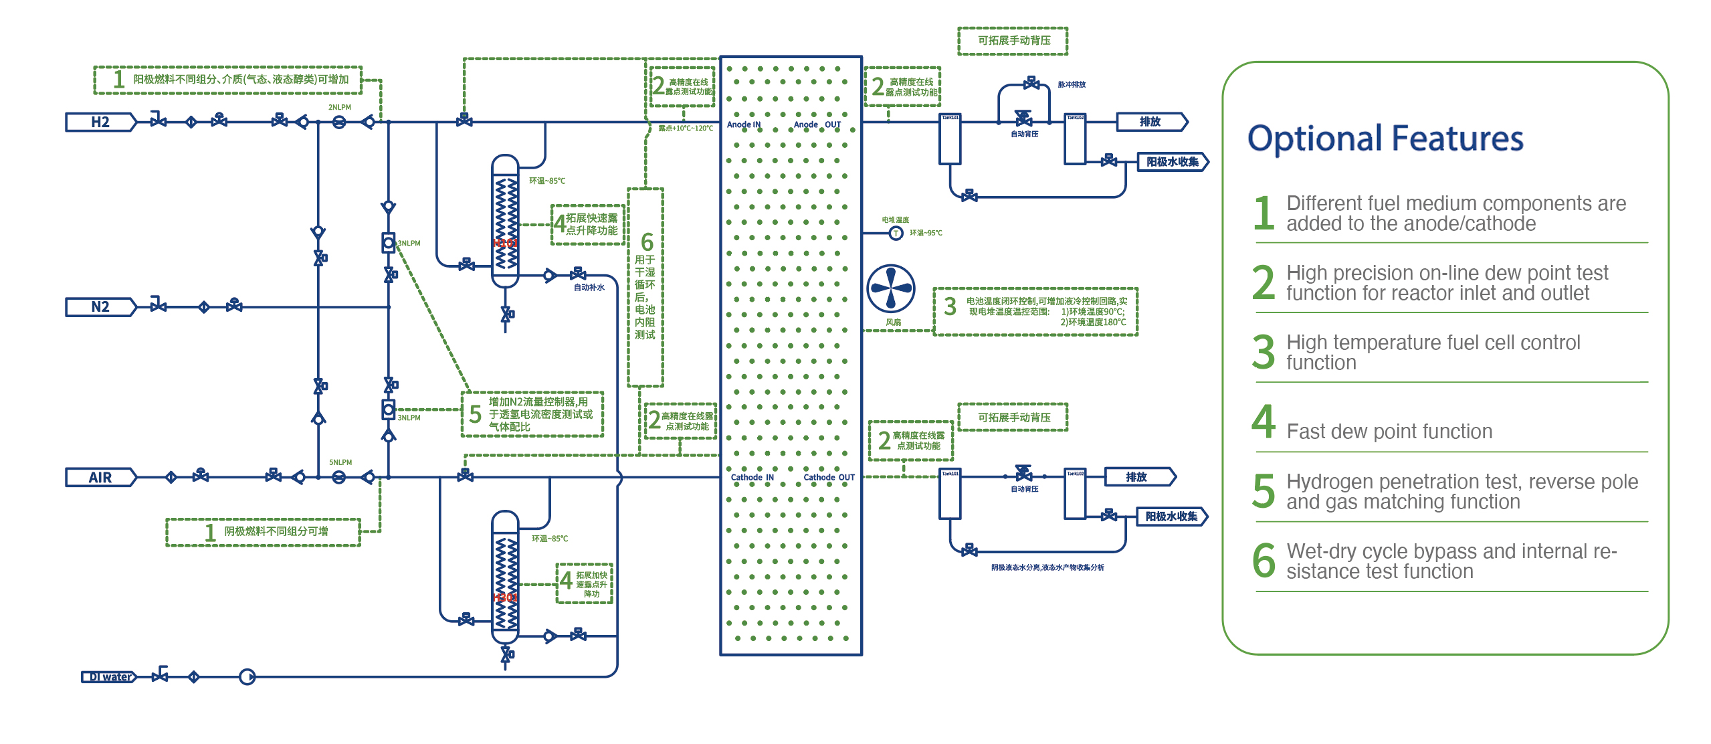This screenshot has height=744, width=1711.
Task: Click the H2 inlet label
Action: click(100, 122)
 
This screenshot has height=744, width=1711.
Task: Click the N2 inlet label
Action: click(100, 306)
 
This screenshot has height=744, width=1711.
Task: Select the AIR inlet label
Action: click(100, 477)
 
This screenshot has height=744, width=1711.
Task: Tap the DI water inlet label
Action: click(109, 677)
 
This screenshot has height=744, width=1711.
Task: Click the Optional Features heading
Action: click(1385, 139)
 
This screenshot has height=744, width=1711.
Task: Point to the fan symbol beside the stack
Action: click(891, 288)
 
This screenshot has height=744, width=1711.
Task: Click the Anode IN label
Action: click(743, 124)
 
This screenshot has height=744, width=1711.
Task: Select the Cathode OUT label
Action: click(829, 477)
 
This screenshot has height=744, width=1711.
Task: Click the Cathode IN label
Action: click(752, 477)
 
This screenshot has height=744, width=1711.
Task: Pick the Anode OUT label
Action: click(817, 124)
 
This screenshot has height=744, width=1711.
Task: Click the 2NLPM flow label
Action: click(339, 107)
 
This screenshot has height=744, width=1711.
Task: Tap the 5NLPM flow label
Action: click(340, 462)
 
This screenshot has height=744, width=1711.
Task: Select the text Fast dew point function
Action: click(1389, 432)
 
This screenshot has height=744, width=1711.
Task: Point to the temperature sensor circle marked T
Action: click(896, 233)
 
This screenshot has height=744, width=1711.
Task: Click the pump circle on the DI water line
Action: click(247, 677)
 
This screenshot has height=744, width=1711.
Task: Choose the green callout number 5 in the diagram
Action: click(475, 414)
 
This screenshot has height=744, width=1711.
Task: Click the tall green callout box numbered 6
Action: click(645, 288)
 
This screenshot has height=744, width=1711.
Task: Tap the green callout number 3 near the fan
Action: click(950, 306)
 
